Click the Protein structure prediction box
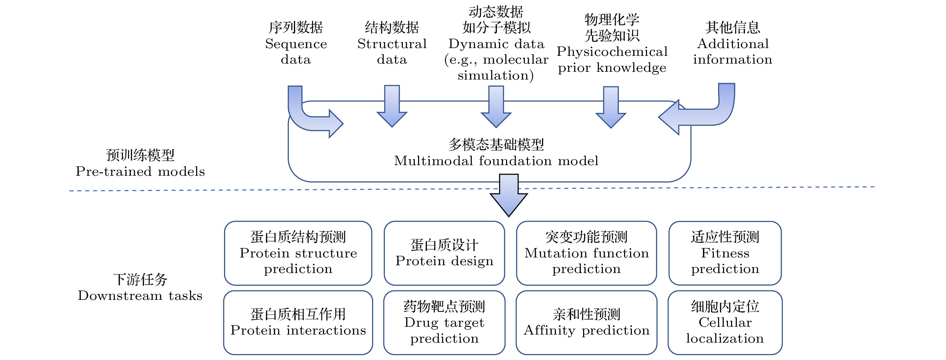298,253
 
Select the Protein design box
444,253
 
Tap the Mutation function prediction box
586,253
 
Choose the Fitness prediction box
724,253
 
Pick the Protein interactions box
298,323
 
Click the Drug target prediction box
444,323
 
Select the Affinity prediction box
586,323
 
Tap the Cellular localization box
724,323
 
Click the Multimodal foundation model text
496,161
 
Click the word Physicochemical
612,52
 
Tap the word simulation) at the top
495,75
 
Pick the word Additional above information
733,44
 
